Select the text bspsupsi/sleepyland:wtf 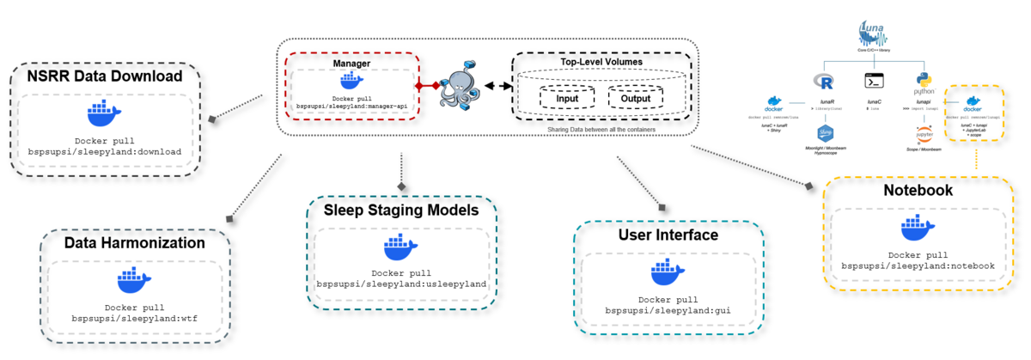pos(134,319)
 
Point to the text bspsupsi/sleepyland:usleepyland pos(401,283)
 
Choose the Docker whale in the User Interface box pos(668,272)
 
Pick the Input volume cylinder pos(567,98)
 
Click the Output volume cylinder pos(636,98)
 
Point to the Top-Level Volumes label pos(601,62)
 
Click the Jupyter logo pos(924,134)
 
